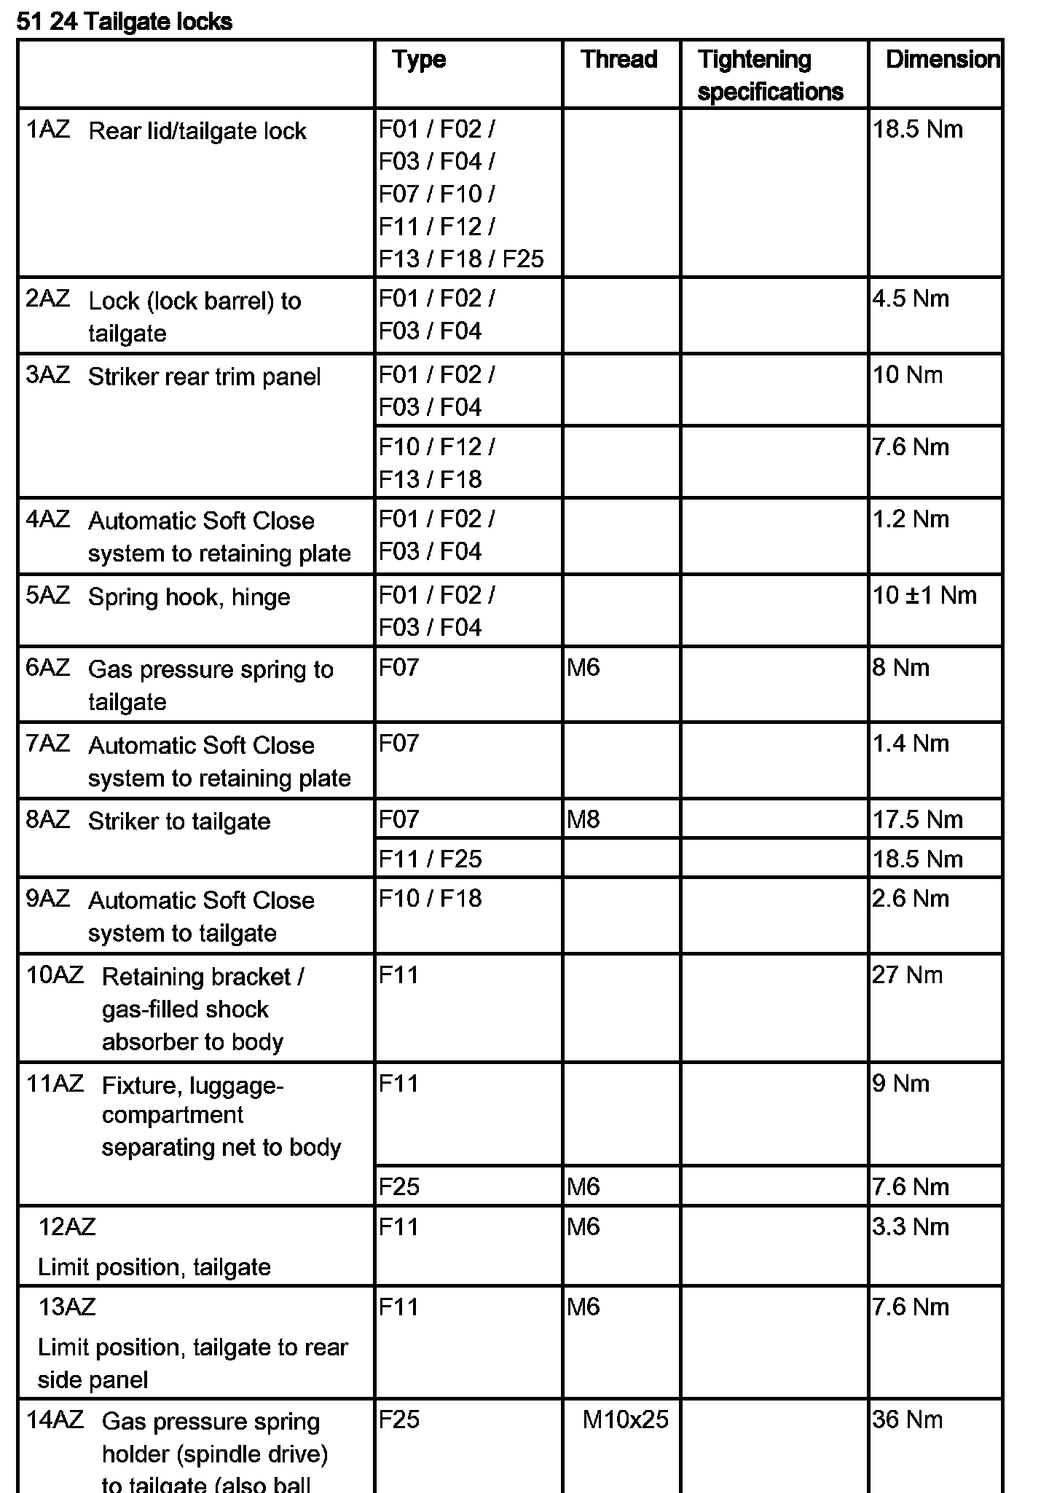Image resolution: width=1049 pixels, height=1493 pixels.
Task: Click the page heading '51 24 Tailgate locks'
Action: (x=124, y=22)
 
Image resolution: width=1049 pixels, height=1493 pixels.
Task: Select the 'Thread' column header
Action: (x=618, y=59)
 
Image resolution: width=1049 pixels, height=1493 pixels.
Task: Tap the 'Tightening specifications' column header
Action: (x=769, y=75)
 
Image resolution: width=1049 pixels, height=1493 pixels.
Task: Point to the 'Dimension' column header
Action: (x=941, y=59)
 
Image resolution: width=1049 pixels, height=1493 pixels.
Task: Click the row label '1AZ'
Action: (x=48, y=129)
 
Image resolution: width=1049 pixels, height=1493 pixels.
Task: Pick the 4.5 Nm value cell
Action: (x=911, y=299)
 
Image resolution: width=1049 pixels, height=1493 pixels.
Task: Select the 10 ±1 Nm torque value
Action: (x=924, y=595)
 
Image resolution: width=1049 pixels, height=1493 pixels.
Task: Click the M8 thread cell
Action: (x=583, y=819)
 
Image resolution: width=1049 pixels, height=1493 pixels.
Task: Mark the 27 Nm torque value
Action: (x=907, y=974)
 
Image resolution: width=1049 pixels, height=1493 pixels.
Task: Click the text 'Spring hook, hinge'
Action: (x=189, y=597)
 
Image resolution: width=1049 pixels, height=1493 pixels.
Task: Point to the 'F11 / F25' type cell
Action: (x=430, y=859)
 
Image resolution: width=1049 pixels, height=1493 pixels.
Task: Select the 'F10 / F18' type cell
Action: (x=430, y=898)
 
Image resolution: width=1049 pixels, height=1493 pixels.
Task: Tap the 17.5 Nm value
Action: (x=917, y=819)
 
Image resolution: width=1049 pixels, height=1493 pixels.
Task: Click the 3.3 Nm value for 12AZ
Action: (x=911, y=1226)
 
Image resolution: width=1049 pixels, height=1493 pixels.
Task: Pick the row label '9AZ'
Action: (x=48, y=899)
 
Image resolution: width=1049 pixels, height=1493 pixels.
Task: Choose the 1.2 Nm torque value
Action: (x=911, y=519)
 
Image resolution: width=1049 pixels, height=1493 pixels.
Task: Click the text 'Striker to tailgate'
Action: (x=179, y=822)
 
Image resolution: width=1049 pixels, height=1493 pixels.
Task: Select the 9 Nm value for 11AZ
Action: (x=900, y=1084)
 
